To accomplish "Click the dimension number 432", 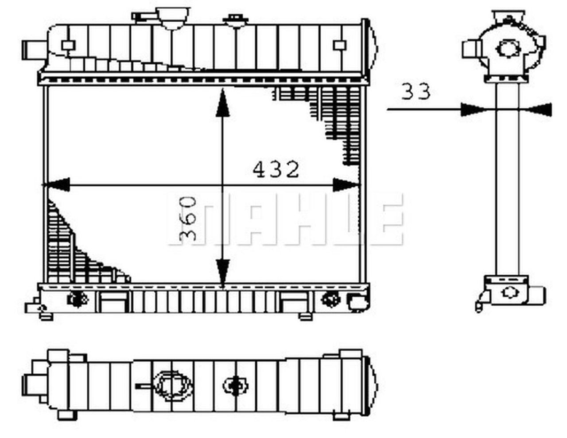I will (276, 170).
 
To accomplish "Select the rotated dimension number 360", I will (188, 218).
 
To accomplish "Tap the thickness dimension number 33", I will (416, 92).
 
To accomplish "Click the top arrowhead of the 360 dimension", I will (222, 104).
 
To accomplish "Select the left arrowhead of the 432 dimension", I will (56, 184).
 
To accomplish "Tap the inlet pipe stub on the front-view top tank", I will (32, 48).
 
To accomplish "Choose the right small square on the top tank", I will (339, 45).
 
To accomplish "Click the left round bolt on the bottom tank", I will (77, 299).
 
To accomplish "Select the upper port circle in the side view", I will (506, 48).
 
